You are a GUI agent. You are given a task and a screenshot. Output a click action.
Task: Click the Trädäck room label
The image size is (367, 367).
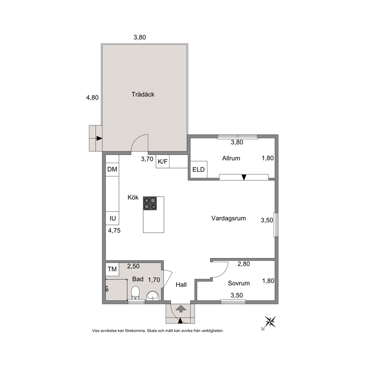[143, 94]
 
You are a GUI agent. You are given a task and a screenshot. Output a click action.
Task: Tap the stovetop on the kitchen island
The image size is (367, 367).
[150, 203]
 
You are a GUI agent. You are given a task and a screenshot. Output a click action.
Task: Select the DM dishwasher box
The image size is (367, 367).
[112, 169]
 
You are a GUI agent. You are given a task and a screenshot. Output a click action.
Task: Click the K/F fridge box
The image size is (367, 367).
[163, 162]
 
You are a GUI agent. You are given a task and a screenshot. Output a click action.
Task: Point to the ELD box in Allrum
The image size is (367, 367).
[198, 169]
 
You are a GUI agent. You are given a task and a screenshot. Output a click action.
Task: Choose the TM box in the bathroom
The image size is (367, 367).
[112, 269]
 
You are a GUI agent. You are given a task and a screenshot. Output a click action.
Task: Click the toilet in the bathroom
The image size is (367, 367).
[135, 293]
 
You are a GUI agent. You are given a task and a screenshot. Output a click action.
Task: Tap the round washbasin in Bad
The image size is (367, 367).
[152, 295]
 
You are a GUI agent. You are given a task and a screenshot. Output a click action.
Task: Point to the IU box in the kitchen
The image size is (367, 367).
[112, 218]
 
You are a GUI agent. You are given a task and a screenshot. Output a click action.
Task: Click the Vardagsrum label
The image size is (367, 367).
[228, 218]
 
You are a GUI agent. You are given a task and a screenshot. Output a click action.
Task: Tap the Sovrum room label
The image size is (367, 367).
[239, 283]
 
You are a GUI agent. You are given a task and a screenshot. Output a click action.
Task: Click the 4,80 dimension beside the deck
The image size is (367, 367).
[92, 98]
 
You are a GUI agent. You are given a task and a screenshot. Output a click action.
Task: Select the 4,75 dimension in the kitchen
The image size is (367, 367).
[114, 230]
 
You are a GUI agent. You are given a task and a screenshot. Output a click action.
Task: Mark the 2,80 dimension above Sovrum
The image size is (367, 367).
[244, 264]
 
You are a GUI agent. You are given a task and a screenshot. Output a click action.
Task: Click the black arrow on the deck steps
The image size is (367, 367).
[99, 138]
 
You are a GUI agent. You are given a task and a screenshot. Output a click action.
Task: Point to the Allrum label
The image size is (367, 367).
[231, 158]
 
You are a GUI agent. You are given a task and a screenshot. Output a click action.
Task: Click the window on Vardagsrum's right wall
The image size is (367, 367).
[276, 225]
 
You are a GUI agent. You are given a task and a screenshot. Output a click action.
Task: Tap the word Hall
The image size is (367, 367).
[181, 284]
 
